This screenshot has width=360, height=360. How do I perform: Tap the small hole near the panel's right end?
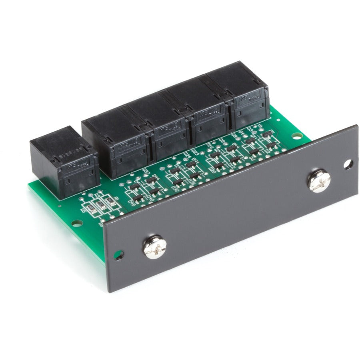pyautogui.click(x=348, y=164)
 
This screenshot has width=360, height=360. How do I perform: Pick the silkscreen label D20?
pyautogui.click(x=212, y=170)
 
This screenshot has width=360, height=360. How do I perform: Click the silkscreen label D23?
pyautogui.click(x=196, y=152)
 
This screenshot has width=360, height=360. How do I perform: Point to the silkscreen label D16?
pyautogui.click(x=209, y=149)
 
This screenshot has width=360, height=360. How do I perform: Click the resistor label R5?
pyautogui.click(x=84, y=210)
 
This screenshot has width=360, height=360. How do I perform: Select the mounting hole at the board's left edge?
pyautogui.click(x=75, y=222)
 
